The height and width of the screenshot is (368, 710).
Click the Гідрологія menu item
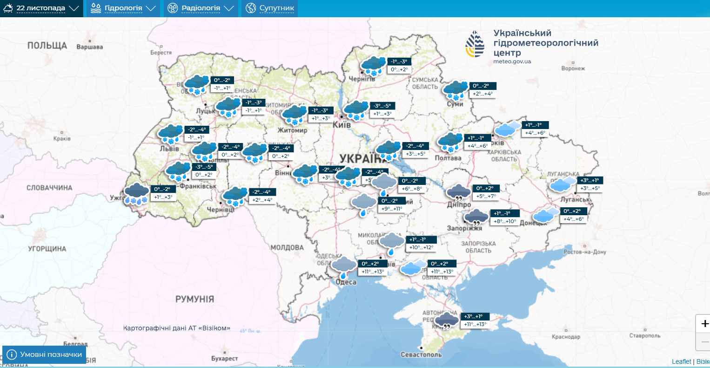click(x=123, y=8)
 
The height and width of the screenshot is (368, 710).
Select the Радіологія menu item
click(x=201, y=8)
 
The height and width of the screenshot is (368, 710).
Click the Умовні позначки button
click(x=44, y=354)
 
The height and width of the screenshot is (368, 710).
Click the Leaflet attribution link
click(x=681, y=361)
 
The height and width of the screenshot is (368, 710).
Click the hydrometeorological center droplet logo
click(x=475, y=44)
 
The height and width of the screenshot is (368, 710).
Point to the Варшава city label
click(x=89, y=47)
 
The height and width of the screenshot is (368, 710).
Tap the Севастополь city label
click(x=421, y=354)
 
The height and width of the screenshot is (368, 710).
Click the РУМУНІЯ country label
click(x=194, y=299)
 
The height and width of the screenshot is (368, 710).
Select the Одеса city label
click(x=346, y=282)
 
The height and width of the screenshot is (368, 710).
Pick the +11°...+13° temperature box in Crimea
click(x=475, y=324)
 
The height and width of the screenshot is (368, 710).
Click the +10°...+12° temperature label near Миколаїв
click(x=421, y=247)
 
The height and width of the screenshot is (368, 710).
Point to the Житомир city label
click(x=292, y=130)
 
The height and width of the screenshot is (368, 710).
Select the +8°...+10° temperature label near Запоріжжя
click(x=505, y=221)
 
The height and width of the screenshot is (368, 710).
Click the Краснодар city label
click(x=566, y=337)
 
